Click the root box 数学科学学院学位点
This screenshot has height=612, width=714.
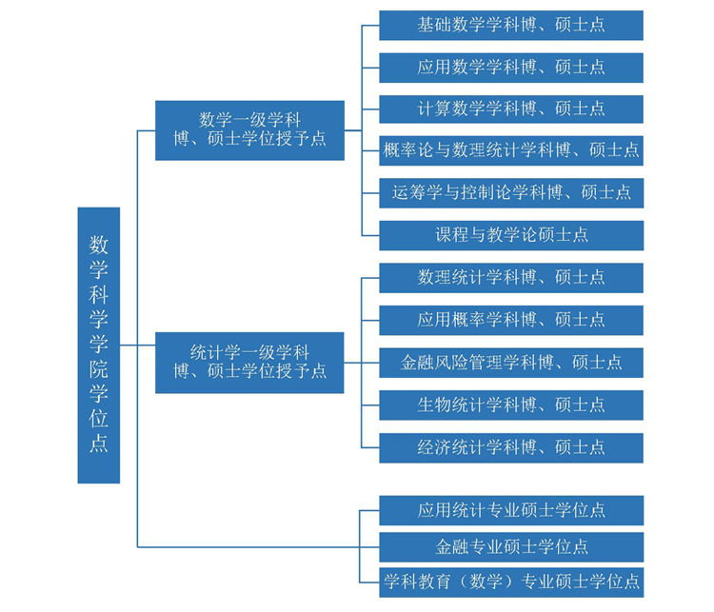(x=99, y=345)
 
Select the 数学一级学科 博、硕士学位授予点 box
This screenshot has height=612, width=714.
(x=249, y=129)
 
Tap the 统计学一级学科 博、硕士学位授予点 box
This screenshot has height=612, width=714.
(x=249, y=362)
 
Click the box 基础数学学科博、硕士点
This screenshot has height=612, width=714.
(x=511, y=26)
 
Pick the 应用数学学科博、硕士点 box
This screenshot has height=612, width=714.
(x=511, y=68)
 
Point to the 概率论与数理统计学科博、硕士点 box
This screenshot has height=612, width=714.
(x=511, y=150)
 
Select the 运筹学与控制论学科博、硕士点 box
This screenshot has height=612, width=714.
(x=511, y=192)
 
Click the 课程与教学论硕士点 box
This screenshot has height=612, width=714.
(x=511, y=235)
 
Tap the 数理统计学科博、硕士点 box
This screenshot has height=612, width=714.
(x=511, y=278)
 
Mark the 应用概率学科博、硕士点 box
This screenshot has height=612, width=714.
(x=511, y=320)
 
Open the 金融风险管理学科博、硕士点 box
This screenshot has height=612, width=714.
(x=511, y=363)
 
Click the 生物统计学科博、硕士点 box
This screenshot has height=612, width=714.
(x=511, y=405)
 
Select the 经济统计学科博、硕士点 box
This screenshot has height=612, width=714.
(x=511, y=447)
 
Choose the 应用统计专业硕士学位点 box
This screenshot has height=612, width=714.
(x=511, y=510)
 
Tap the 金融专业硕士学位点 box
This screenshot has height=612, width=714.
(x=511, y=547)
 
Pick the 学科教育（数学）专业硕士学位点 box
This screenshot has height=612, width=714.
(x=511, y=581)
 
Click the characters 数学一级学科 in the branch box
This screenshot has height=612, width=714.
(x=249, y=120)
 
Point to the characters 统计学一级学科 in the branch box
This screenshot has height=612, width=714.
(x=249, y=352)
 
